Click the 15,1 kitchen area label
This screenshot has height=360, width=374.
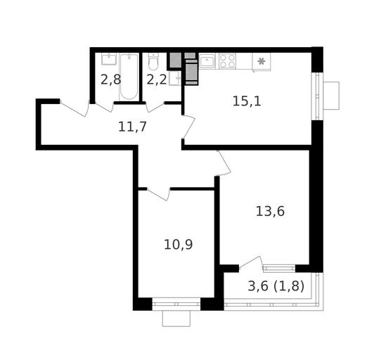click(x=247, y=101)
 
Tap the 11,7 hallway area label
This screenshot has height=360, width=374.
click(x=132, y=127)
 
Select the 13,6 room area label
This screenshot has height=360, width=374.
click(x=270, y=212)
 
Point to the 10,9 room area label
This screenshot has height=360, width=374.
click(x=178, y=245)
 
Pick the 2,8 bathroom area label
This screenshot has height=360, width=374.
click(x=110, y=79)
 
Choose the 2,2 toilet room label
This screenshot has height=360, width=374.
click(x=157, y=79)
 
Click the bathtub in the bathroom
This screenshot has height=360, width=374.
click(x=129, y=77)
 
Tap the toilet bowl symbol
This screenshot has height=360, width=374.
click(x=153, y=62)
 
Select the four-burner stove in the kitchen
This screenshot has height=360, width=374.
click(x=227, y=61)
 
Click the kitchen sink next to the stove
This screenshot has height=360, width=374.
click(x=207, y=61)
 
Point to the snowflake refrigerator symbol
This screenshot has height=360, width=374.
click(x=262, y=62)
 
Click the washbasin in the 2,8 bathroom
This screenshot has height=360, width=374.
click(x=109, y=59)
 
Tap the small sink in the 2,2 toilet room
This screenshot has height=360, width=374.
click(x=175, y=78)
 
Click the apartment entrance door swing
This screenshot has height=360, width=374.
click(x=75, y=109)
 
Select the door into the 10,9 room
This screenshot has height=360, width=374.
click(x=158, y=194)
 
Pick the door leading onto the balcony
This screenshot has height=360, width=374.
click(x=250, y=263)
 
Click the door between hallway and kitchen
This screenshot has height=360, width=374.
click(x=188, y=127)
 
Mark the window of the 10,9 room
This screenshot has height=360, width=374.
click(x=176, y=304)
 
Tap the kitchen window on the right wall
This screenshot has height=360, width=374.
click(x=317, y=96)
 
